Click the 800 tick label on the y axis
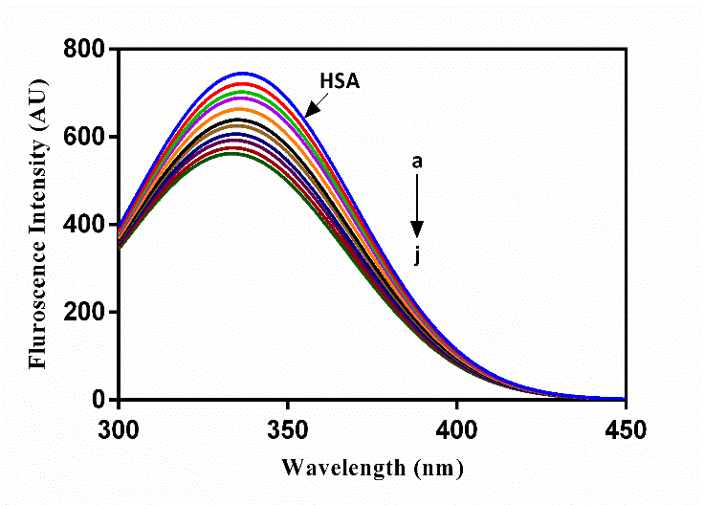coord(84,49)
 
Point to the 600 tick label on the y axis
coord(84,137)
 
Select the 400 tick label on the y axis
coord(84,225)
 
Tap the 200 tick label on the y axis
coord(84,313)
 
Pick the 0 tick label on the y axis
coord(98,400)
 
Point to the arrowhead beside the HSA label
coord(312,108)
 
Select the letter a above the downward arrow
coord(417,163)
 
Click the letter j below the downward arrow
coord(417,254)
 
